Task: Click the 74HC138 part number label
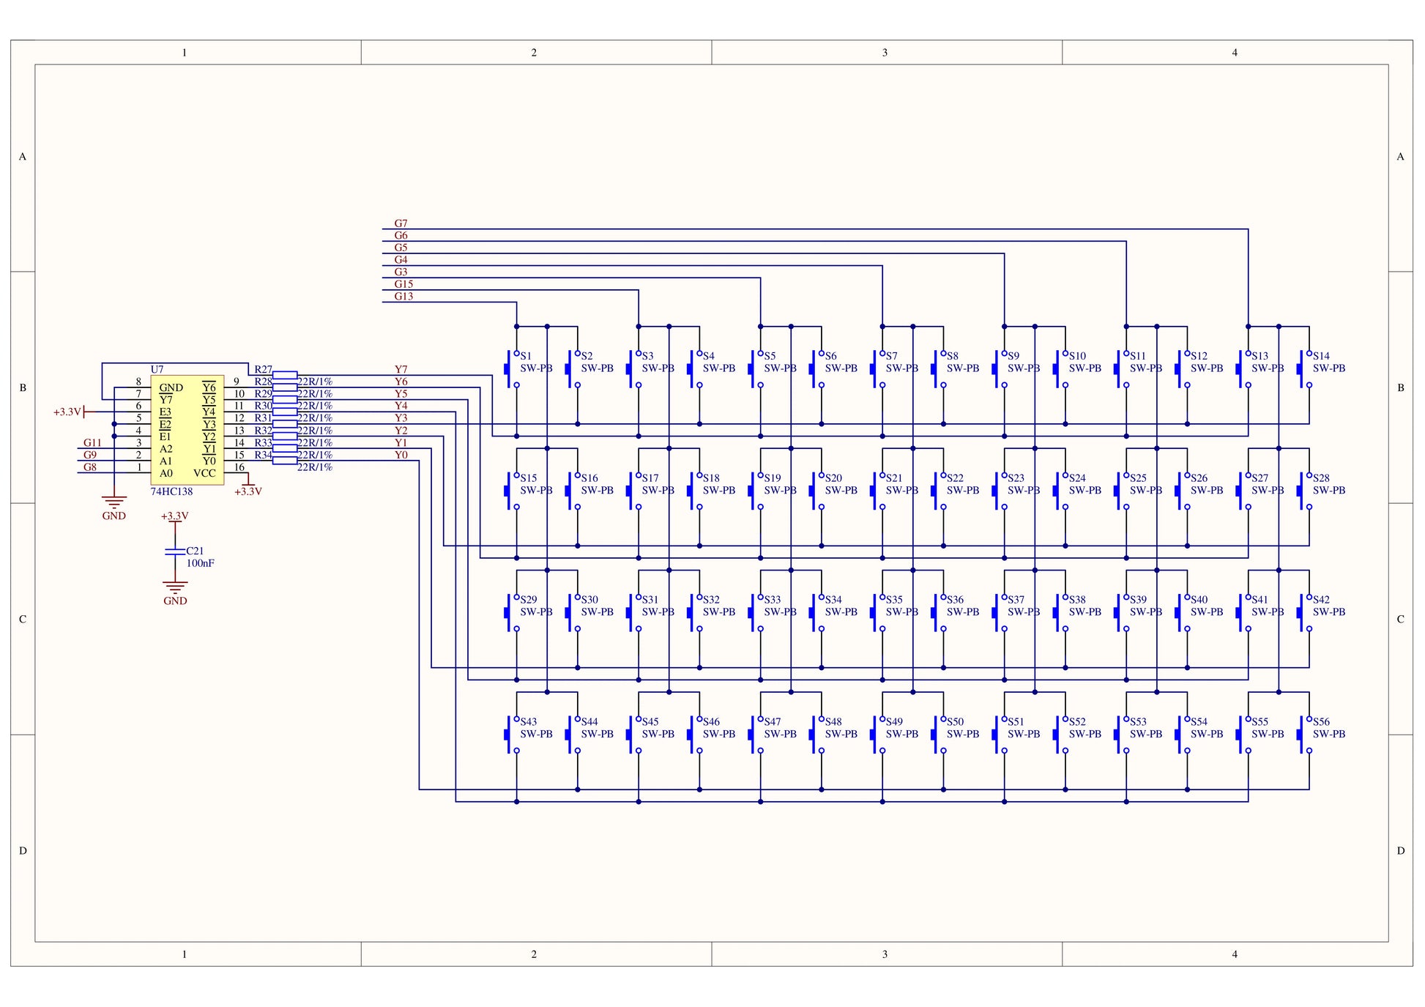[x=171, y=491]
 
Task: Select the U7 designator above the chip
[x=157, y=369]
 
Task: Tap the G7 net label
[x=401, y=223]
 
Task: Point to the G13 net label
[x=403, y=297]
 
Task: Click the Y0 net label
[x=401, y=455]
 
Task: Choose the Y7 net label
[x=401, y=369]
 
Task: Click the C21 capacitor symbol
[x=175, y=551]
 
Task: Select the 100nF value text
[x=200, y=563]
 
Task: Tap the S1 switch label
[x=526, y=356]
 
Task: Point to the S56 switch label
[x=1321, y=721]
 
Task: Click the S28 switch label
[x=1321, y=478]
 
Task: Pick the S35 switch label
[x=894, y=599]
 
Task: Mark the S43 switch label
[x=528, y=721]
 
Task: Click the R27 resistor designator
[x=263, y=370]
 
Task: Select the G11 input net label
[x=92, y=442]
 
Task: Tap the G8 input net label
[x=89, y=467]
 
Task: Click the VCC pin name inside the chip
[x=204, y=473]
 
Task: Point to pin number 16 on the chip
[x=239, y=467]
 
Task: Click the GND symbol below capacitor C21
[x=175, y=588]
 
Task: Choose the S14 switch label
[x=1321, y=356]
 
